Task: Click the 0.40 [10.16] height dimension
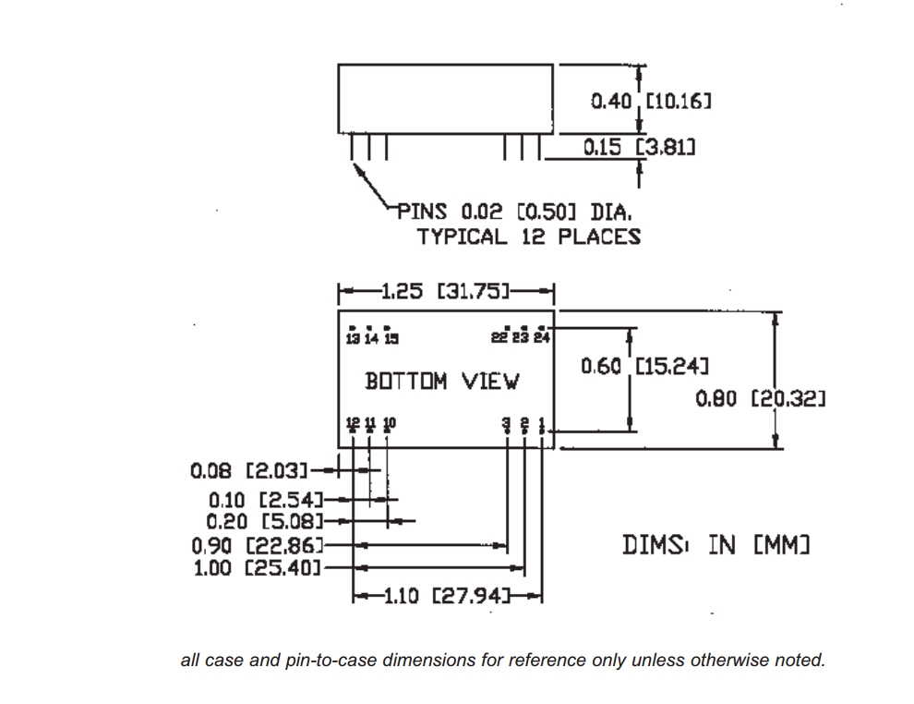point(651,100)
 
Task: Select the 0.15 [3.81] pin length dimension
point(639,146)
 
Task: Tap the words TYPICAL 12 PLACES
point(528,237)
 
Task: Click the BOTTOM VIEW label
point(443,381)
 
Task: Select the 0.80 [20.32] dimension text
point(760,398)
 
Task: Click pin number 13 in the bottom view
point(353,338)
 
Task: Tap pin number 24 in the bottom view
point(542,337)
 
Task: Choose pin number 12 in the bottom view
point(353,423)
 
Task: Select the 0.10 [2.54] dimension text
point(263,500)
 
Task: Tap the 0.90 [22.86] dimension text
point(258,545)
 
